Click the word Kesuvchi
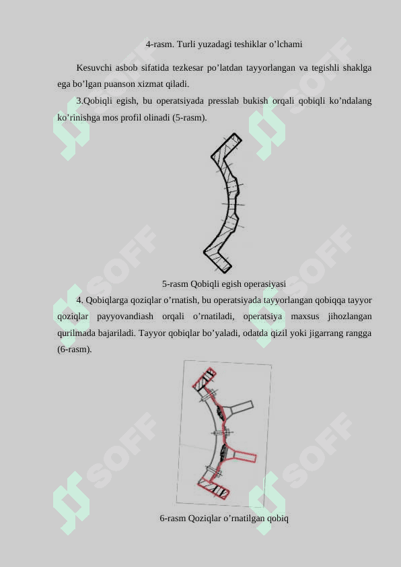point(94,67)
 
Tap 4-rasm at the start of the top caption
point(159,44)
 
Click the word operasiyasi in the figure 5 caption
point(265,284)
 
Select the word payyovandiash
point(125,316)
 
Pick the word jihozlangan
point(350,316)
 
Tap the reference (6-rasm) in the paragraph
point(75,349)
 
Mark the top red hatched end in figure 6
point(205,379)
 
